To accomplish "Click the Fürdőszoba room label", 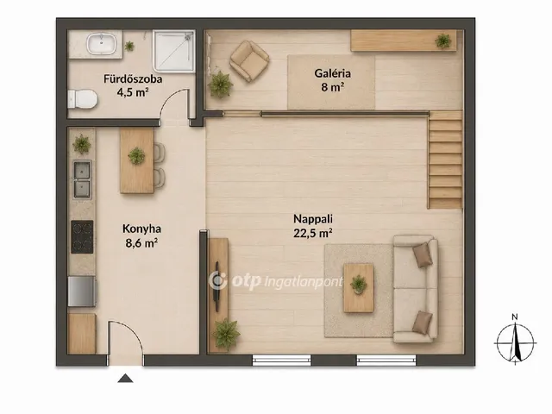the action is (133, 78).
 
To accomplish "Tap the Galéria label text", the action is (332, 73).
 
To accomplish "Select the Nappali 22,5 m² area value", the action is (313, 233).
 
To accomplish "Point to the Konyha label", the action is (141, 229).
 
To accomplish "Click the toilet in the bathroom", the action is (82, 99).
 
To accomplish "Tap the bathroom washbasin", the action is (102, 44).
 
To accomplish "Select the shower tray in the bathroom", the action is (174, 51).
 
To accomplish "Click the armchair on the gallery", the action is (249, 60).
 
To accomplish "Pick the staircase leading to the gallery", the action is (445, 160).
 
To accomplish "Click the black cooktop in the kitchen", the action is (82, 236).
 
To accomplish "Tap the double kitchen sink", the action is (82, 179).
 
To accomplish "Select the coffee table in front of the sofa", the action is (359, 287).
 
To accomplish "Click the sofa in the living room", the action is (416, 289).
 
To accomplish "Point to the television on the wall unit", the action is (216, 286).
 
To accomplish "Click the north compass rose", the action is (515, 342).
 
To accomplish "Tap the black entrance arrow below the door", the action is (125, 379).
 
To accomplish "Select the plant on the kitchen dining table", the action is (136, 155).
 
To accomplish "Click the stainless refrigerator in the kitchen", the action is (82, 292).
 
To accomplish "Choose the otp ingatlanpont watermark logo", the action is (276, 280).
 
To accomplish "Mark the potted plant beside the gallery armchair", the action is (221, 85).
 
